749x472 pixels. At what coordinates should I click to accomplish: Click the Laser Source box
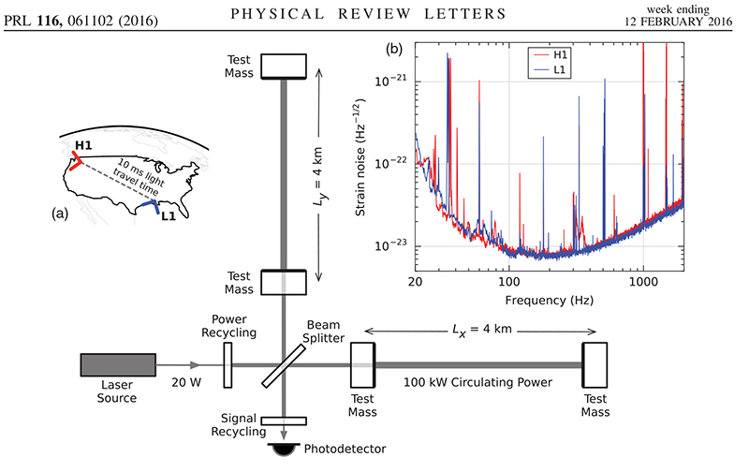(116, 365)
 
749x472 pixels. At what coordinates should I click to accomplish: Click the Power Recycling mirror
(228, 365)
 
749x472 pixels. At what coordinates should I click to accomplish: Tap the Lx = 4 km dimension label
(477, 331)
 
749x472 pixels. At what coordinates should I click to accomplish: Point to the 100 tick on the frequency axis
(508, 281)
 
